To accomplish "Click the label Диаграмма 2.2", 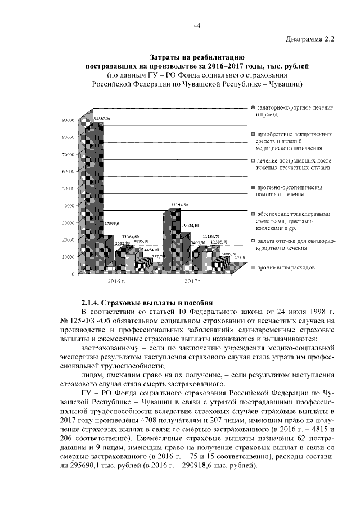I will tap(309, 39).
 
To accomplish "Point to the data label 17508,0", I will tap(112, 223).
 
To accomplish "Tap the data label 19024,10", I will tap(190, 225).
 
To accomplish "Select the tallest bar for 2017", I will tap(171, 236).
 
